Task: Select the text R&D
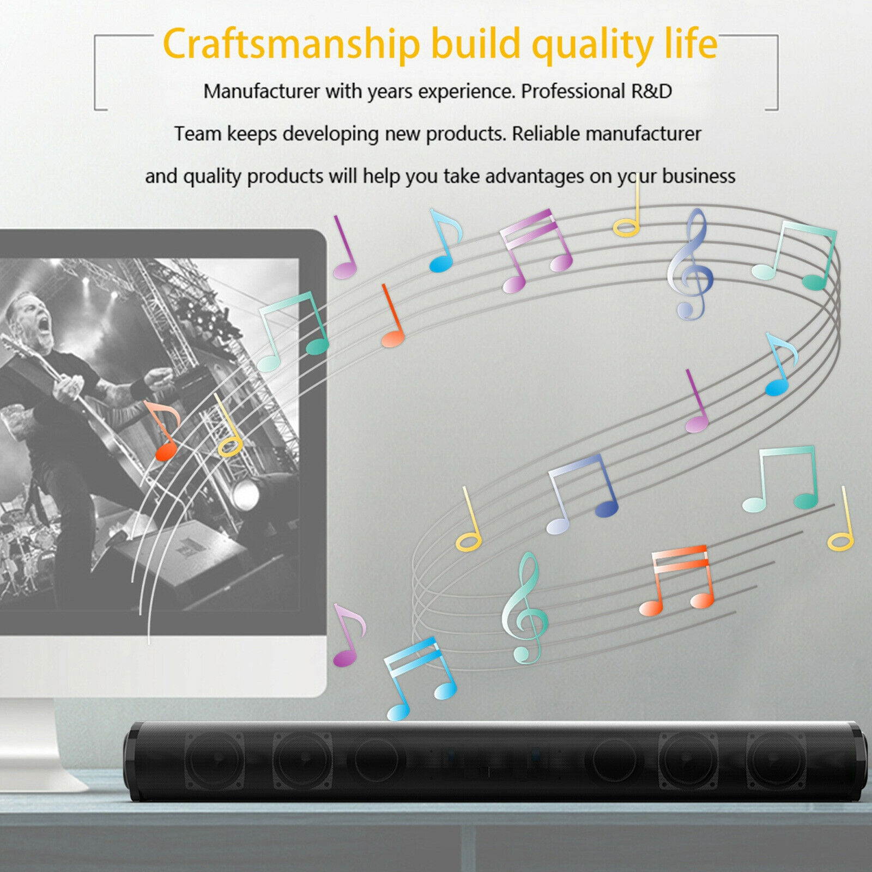[651, 91]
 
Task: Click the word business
[699, 176]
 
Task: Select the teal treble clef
[524, 608]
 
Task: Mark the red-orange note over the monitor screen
[163, 431]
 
